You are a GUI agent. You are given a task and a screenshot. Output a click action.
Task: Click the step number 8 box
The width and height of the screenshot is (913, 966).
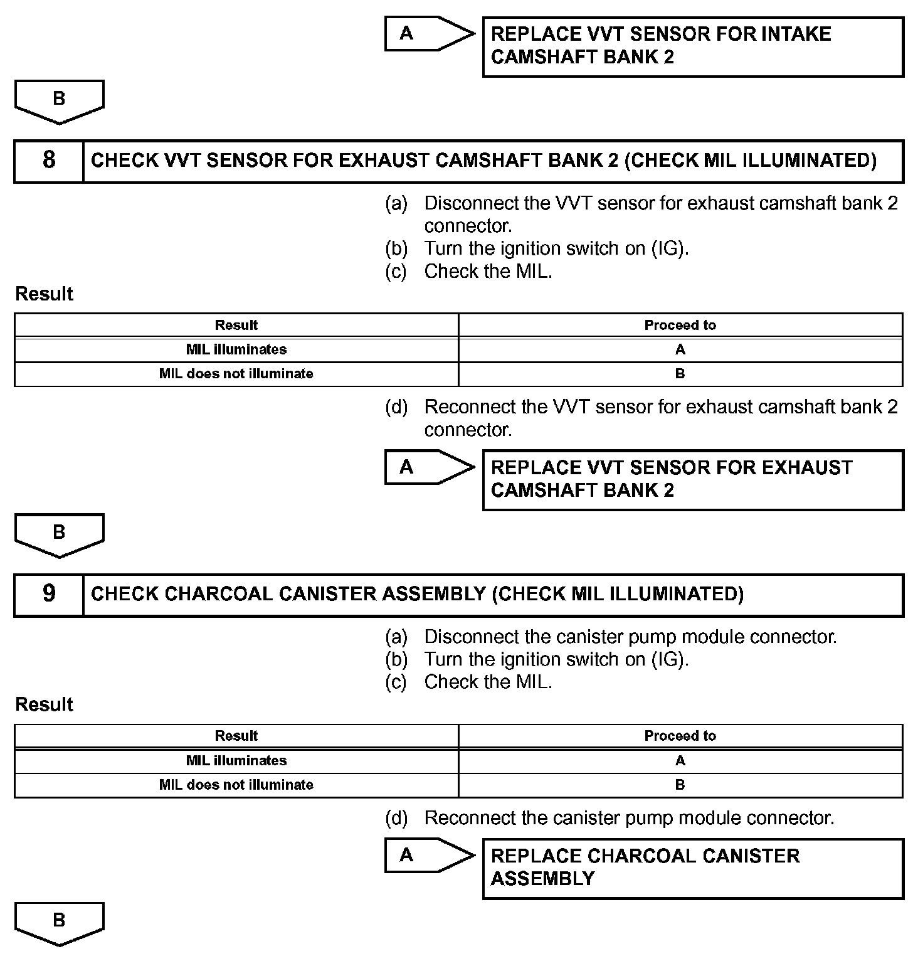coord(49,161)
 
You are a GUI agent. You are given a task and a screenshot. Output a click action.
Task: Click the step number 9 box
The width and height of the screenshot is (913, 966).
coord(49,594)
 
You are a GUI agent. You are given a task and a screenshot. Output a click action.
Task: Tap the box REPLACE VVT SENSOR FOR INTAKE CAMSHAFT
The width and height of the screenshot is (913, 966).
coord(692,46)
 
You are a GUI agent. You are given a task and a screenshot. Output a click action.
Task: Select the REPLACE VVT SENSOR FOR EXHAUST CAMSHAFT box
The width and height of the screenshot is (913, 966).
coord(692,480)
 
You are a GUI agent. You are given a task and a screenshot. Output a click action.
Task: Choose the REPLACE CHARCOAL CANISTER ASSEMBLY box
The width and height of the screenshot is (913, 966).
coord(692,868)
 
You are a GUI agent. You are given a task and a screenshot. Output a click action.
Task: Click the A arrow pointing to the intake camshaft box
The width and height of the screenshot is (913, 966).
coord(428,33)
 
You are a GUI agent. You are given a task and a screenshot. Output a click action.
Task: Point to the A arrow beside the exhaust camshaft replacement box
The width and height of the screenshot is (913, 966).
coord(428,467)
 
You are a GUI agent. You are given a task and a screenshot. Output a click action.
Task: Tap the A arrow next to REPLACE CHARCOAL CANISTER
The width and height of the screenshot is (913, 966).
coord(428,856)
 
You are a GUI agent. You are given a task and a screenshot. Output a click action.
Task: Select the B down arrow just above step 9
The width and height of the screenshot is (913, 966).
coord(59,534)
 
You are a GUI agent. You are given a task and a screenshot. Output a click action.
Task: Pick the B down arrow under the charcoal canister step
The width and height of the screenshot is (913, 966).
coord(59,922)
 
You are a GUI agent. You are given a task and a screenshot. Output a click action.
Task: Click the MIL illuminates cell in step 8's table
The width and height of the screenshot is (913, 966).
coord(236,349)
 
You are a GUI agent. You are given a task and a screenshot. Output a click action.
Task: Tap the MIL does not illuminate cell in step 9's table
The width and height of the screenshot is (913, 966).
coord(236,785)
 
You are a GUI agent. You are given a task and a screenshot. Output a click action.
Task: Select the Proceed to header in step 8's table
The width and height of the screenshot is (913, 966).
coord(680,325)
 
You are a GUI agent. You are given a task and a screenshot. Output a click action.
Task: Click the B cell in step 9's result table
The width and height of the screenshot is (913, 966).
coord(680,785)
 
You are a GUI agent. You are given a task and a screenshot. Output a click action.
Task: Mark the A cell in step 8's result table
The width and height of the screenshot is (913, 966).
coord(680,349)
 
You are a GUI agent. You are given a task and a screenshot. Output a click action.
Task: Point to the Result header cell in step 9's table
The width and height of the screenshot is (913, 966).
coord(236,736)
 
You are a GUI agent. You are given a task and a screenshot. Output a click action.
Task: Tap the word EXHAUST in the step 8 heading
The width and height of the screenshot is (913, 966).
coord(383,161)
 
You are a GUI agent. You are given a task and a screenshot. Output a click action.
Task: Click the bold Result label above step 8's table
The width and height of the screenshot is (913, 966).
coord(44,294)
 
